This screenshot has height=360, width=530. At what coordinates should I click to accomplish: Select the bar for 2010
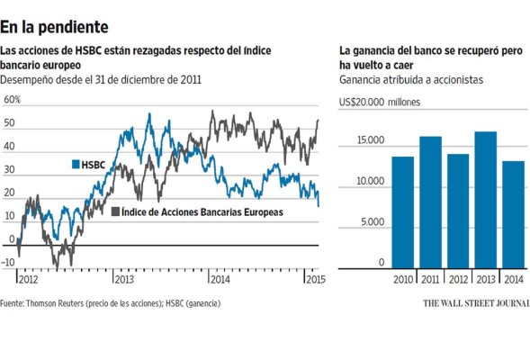point(402,212)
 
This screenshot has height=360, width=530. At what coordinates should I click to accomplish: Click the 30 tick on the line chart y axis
point(9,169)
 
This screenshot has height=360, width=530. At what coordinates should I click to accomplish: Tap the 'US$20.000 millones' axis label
point(381,103)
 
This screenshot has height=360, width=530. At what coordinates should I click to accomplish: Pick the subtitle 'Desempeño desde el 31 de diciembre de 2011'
point(101,80)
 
